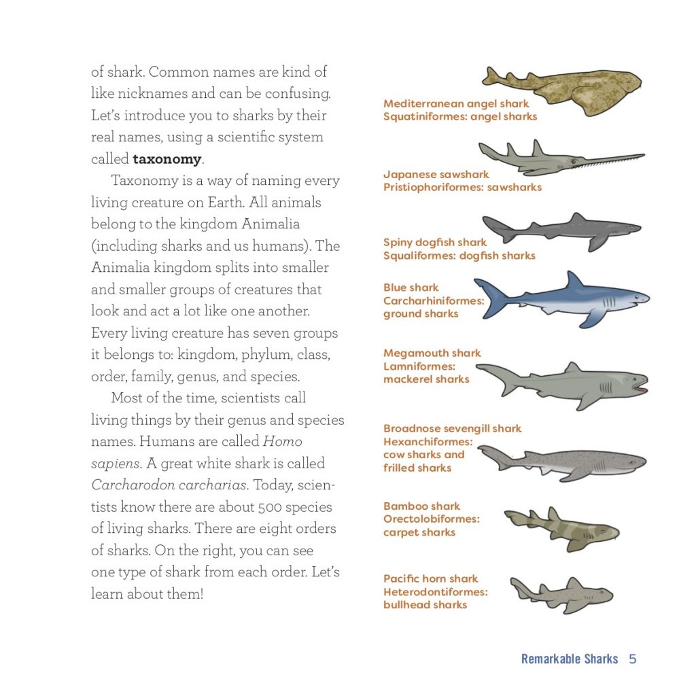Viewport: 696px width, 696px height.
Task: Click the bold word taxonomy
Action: (167, 160)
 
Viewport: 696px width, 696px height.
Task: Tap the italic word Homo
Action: (282, 442)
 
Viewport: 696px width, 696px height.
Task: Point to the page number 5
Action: (632, 659)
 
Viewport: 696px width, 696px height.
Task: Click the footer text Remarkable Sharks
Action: (570, 659)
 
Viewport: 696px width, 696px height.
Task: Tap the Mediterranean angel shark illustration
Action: (564, 88)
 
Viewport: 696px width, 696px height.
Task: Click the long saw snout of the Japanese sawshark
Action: (612, 160)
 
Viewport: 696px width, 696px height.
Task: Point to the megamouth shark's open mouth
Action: (639, 385)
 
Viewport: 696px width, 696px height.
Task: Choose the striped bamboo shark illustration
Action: (561, 529)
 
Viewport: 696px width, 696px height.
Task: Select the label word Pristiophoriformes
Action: (434, 188)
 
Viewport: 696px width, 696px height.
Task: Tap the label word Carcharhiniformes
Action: (434, 300)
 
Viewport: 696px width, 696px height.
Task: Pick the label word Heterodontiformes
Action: (435, 592)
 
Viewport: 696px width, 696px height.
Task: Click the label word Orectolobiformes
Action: (431, 519)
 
